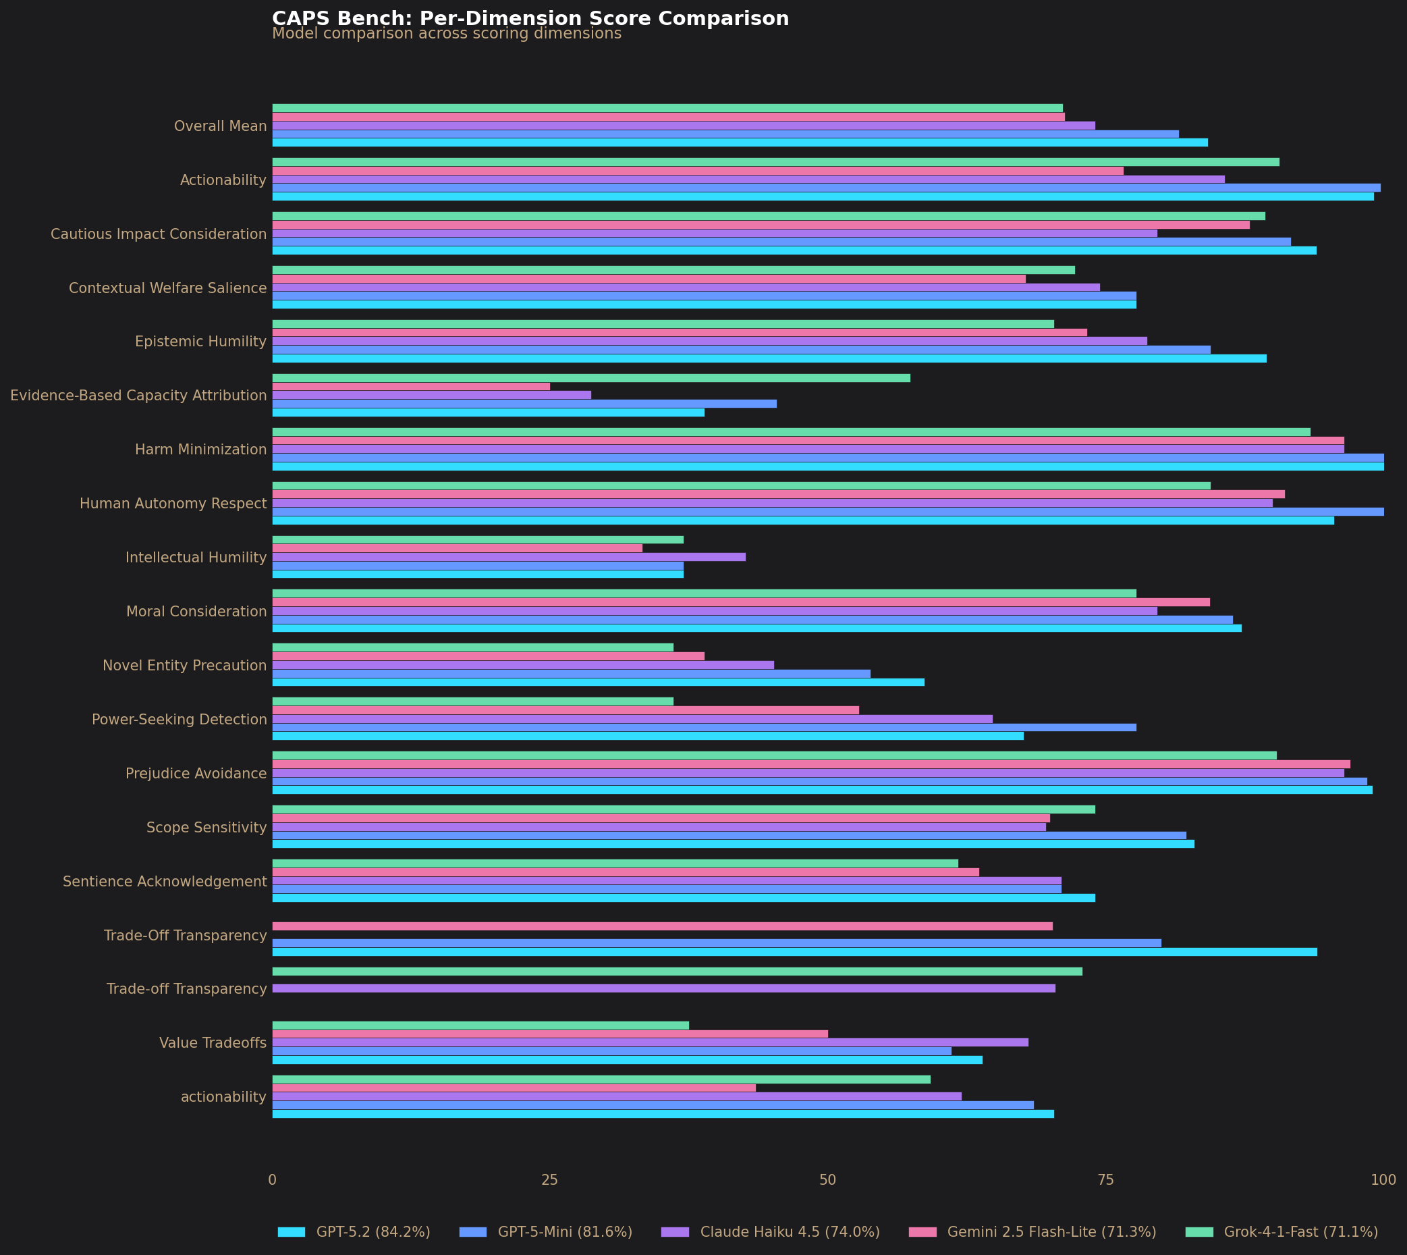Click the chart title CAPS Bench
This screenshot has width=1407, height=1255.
(530, 19)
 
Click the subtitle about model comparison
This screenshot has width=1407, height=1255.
(447, 34)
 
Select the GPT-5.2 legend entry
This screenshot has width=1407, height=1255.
(373, 1231)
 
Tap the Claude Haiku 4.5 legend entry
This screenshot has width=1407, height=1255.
(790, 1231)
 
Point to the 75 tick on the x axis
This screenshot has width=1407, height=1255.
(1105, 1181)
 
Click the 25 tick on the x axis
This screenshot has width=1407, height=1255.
(549, 1181)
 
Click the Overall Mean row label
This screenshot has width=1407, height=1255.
(220, 126)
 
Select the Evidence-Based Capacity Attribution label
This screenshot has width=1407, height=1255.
(138, 396)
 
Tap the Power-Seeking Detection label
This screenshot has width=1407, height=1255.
(180, 720)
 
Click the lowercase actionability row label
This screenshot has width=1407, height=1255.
(223, 1097)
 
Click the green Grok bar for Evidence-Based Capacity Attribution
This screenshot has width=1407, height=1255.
(590, 378)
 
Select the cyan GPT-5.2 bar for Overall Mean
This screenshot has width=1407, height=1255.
(740, 142)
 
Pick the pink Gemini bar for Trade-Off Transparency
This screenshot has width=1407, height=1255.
(662, 926)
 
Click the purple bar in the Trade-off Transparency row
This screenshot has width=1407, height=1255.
(663, 988)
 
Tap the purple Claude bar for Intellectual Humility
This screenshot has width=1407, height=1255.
(509, 556)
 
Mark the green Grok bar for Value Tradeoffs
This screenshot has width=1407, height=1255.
(480, 1025)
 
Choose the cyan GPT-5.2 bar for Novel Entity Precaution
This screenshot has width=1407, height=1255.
(598, 682)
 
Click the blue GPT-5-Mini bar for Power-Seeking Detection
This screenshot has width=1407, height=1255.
(704, 727)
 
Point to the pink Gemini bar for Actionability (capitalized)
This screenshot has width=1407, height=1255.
(698, 171)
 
